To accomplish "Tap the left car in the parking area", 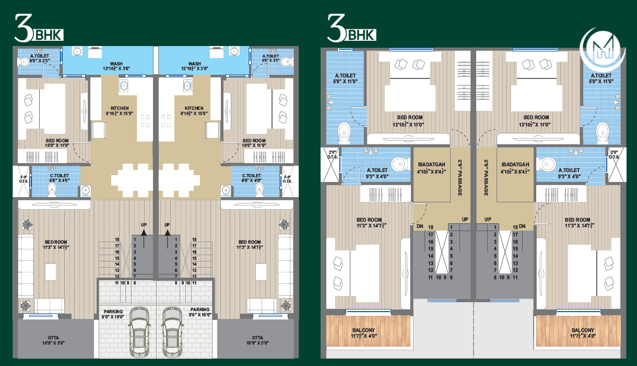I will pos(138,330).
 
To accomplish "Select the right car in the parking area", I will pos(172,330).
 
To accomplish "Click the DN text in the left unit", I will pos(419,226).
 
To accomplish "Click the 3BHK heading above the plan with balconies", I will pos(351,30).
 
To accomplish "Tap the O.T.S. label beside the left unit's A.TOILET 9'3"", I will pos(332,154).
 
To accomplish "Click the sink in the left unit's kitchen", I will pos(124,85).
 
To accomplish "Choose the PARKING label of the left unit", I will pos(113,313).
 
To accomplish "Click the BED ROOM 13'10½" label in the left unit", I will pos(409,121).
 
